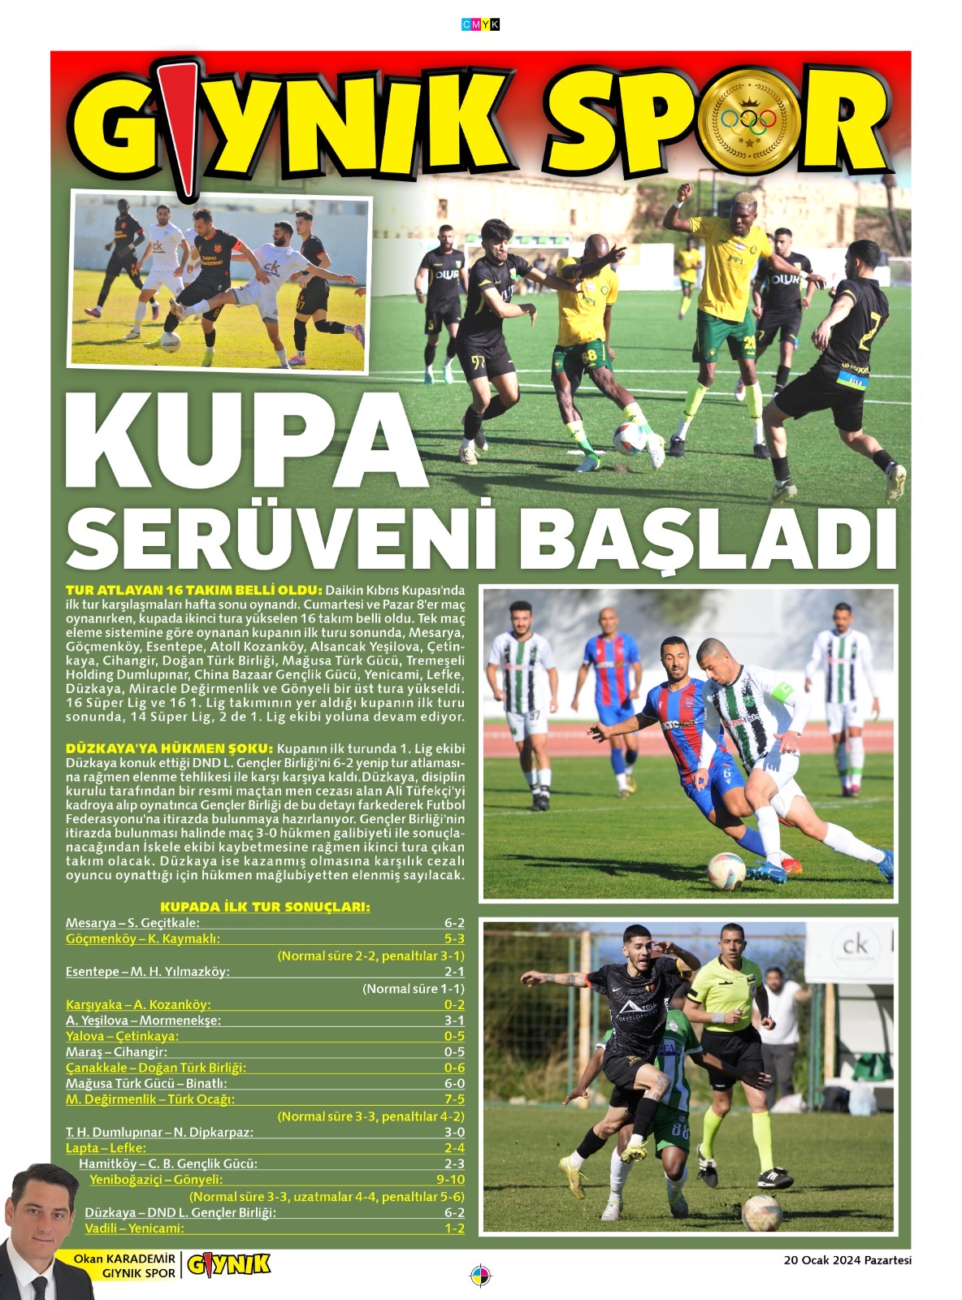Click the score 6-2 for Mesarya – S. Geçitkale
click(x=454, y=923)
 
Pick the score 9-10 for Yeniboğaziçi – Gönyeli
click(x=450, y=1180)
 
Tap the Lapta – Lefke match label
click(x=106, y=1148)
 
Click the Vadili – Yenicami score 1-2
click(x=454, y=1228)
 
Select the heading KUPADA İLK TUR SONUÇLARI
click(x=265, y=907)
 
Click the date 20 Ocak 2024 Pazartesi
click(x=847, y=1261)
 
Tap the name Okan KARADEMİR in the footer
click(x=123, y=1259)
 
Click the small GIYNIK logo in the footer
click(x=228, y=1265)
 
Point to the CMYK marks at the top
click(x=480, y=25)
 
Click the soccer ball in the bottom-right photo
click(x=761, y=1213)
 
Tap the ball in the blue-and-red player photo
click(x=726, y=871)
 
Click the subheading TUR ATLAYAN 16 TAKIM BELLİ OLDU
click(x=193, y=591)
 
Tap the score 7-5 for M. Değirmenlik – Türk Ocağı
click(x=454, y=1099)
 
